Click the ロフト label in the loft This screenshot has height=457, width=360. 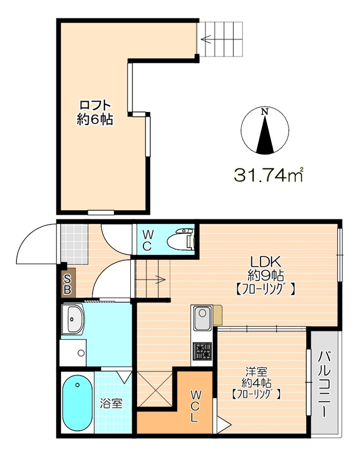pyautogui.click(x=95, y=105)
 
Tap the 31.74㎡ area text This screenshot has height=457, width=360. pyautogui.click(x=269, y=175)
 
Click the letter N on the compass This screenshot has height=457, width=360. pyautogui.click(x=265, y=111)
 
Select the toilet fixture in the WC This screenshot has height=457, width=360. pyautogui.click(x=181, y=239)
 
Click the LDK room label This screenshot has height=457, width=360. pyautogui.click(x=266, y=262)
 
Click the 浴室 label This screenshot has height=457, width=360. pyautogui.click(x=111, y=404)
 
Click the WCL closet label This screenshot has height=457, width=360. pyautogui.click(x=194, y=407)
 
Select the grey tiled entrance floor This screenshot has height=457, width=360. pyautogui.click(x=75, y=244)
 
